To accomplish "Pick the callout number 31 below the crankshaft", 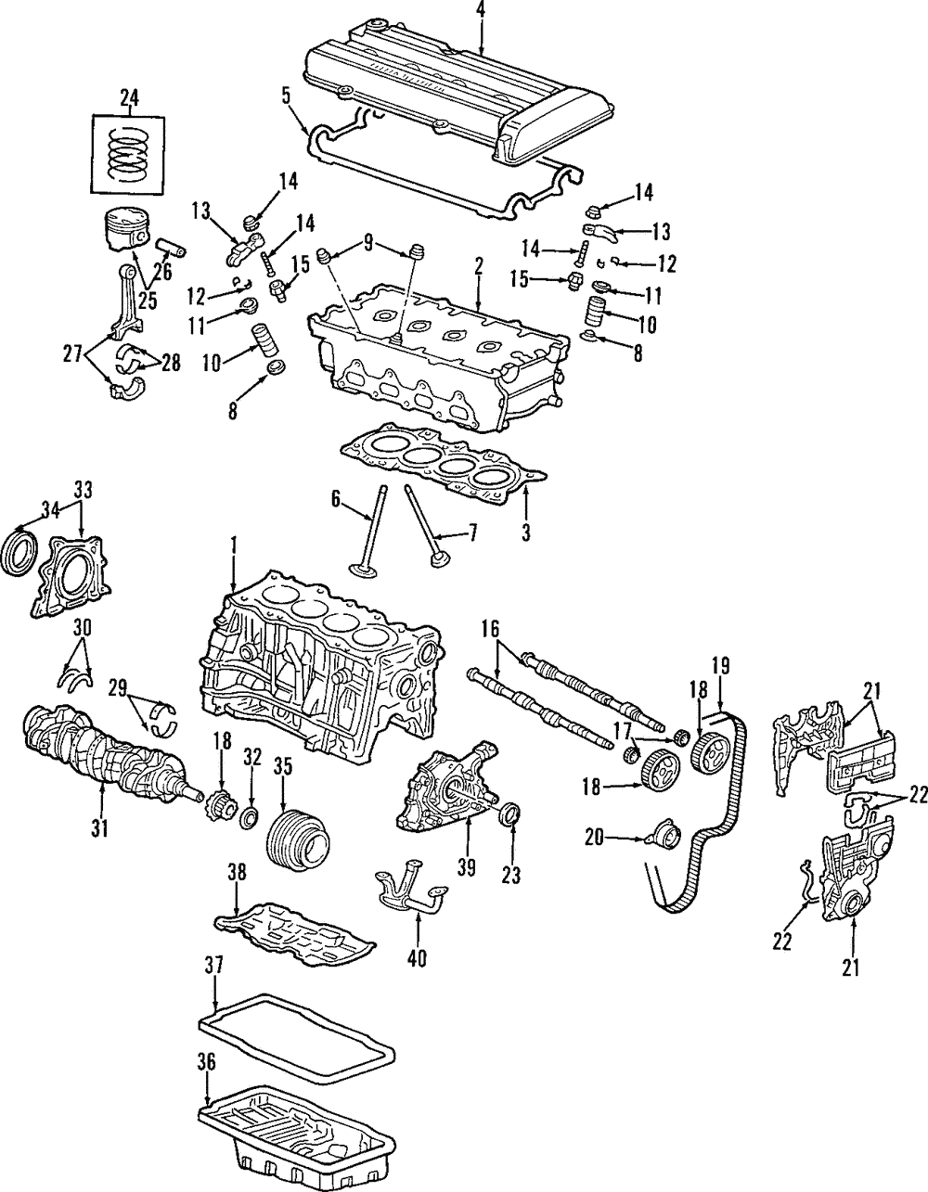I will (x=99, y=829).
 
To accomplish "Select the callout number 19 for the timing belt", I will (x=720, y=665).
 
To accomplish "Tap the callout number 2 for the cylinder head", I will (x=479, y=265).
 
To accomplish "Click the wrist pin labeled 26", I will (x=172, y=250).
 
